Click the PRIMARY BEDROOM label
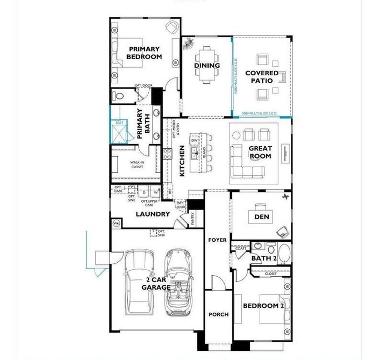click(x=144, y=53)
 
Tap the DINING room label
click(x=207, y=66)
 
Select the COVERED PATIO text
click(x=262, y=77)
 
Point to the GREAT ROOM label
click(x=260, y=152)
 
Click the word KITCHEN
click(x=182, y=161)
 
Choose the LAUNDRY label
click(x=153, y=214)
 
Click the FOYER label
click(x=218, y=240)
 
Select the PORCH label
click(x=218, y=314)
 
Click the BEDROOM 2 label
click(x=263, y=306)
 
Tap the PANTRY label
click(x=192, y=218)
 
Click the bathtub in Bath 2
click(x=284, y=253)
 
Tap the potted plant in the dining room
click(x=188, y=44)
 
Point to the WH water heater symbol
click(x=116, y=223)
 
